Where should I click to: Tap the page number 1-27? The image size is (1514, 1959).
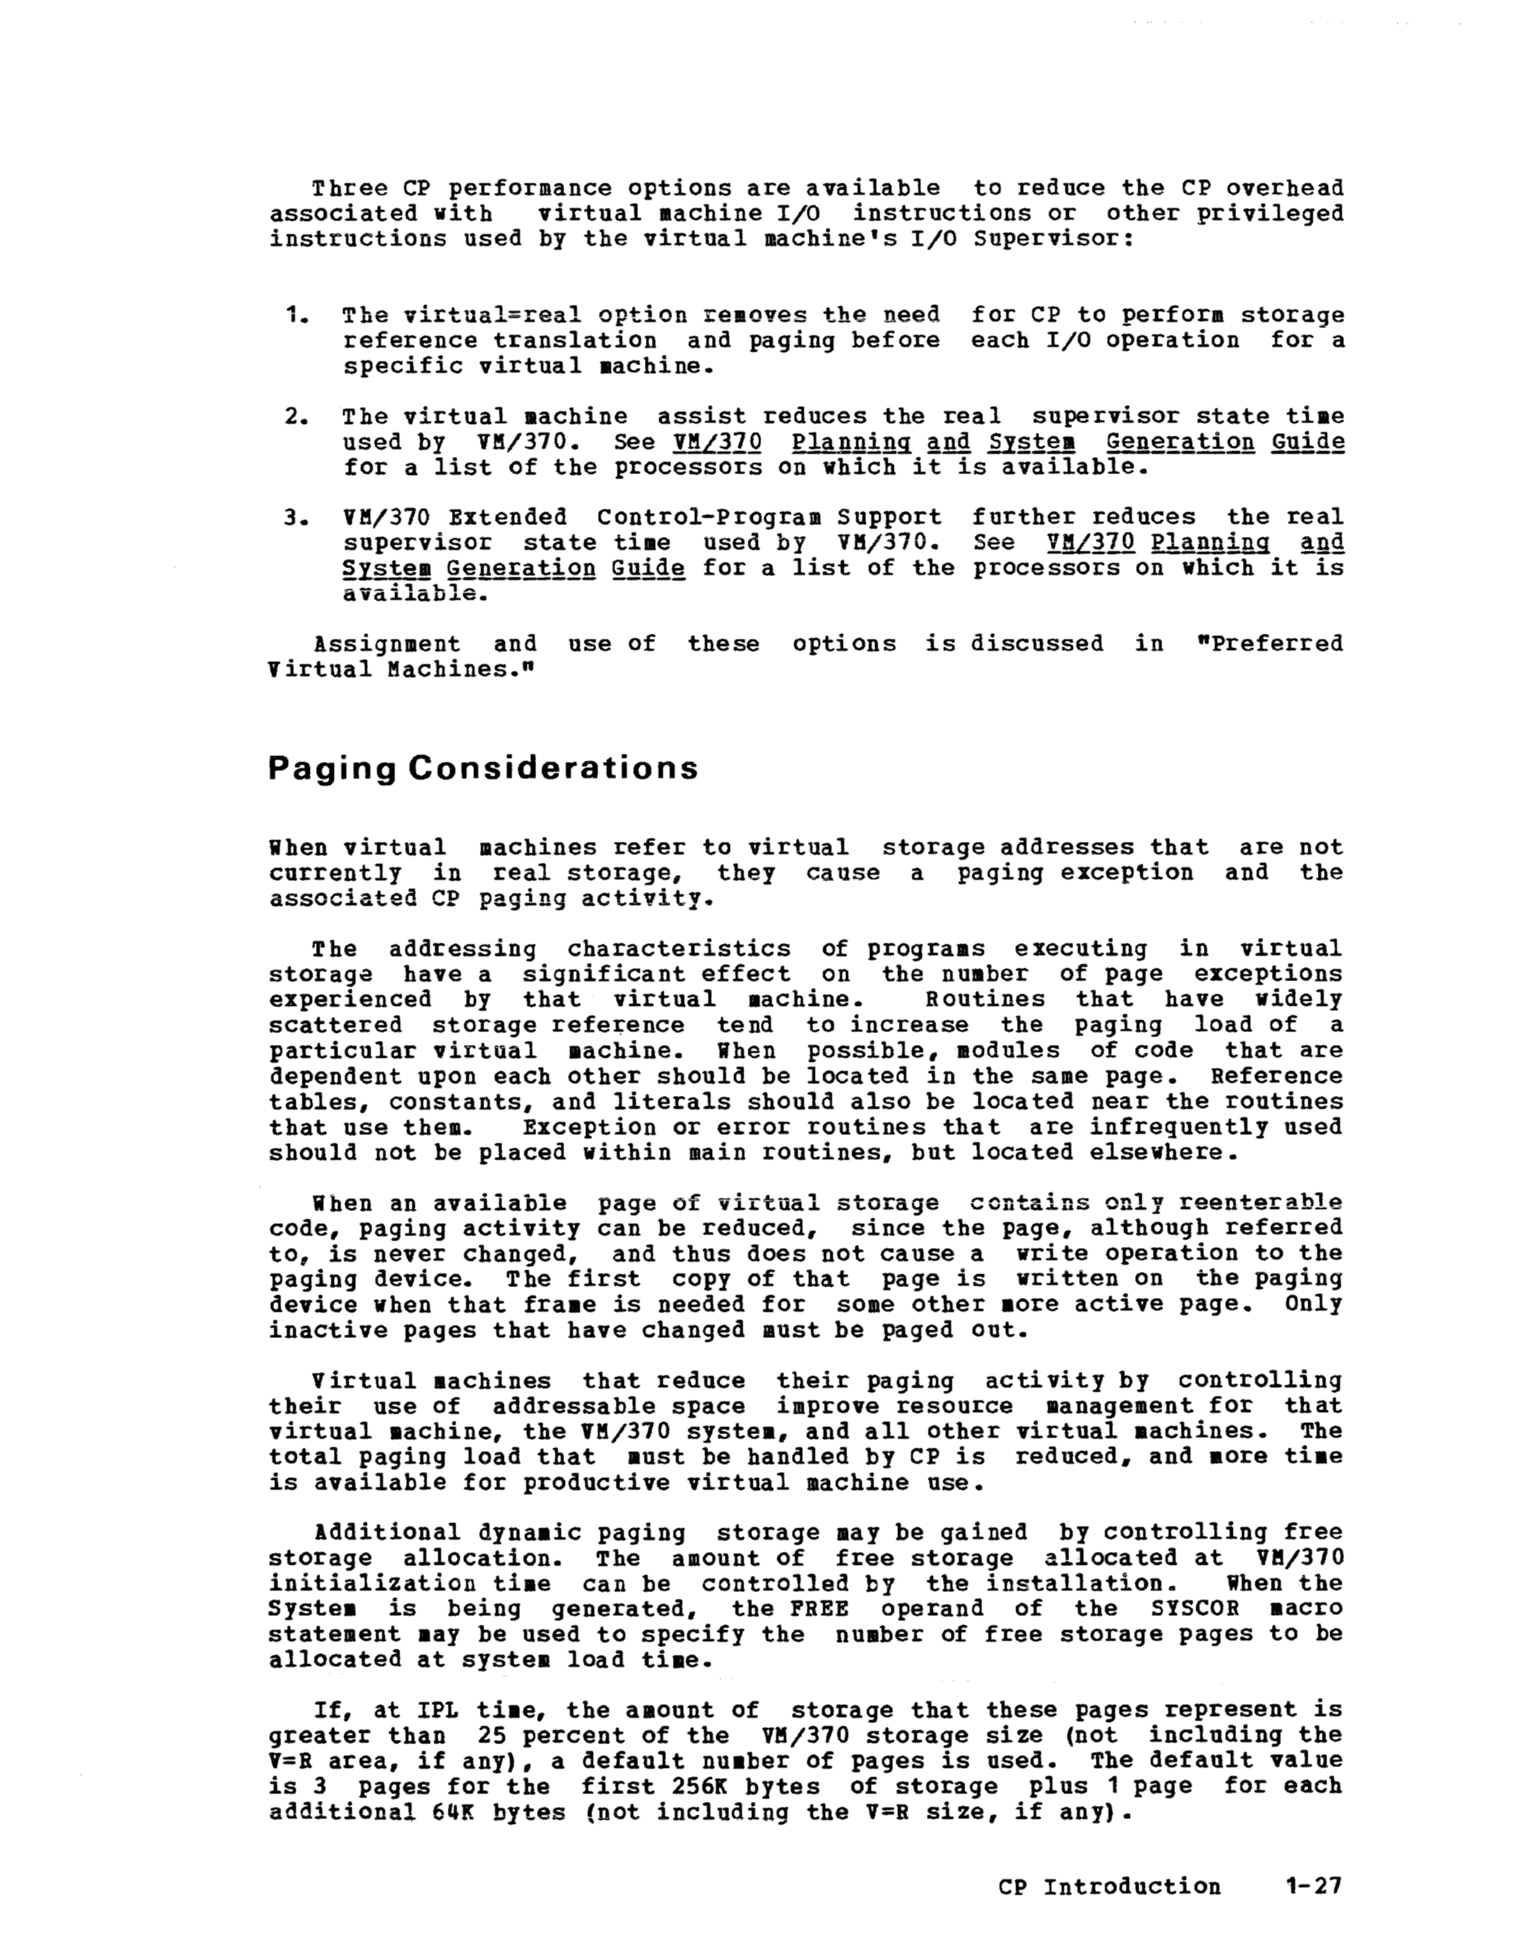(1312, 1885)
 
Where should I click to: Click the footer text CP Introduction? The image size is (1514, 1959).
(1109, 1886)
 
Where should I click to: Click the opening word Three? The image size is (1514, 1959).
(350, 189)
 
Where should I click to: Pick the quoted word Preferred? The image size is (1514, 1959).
(1275, 644)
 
